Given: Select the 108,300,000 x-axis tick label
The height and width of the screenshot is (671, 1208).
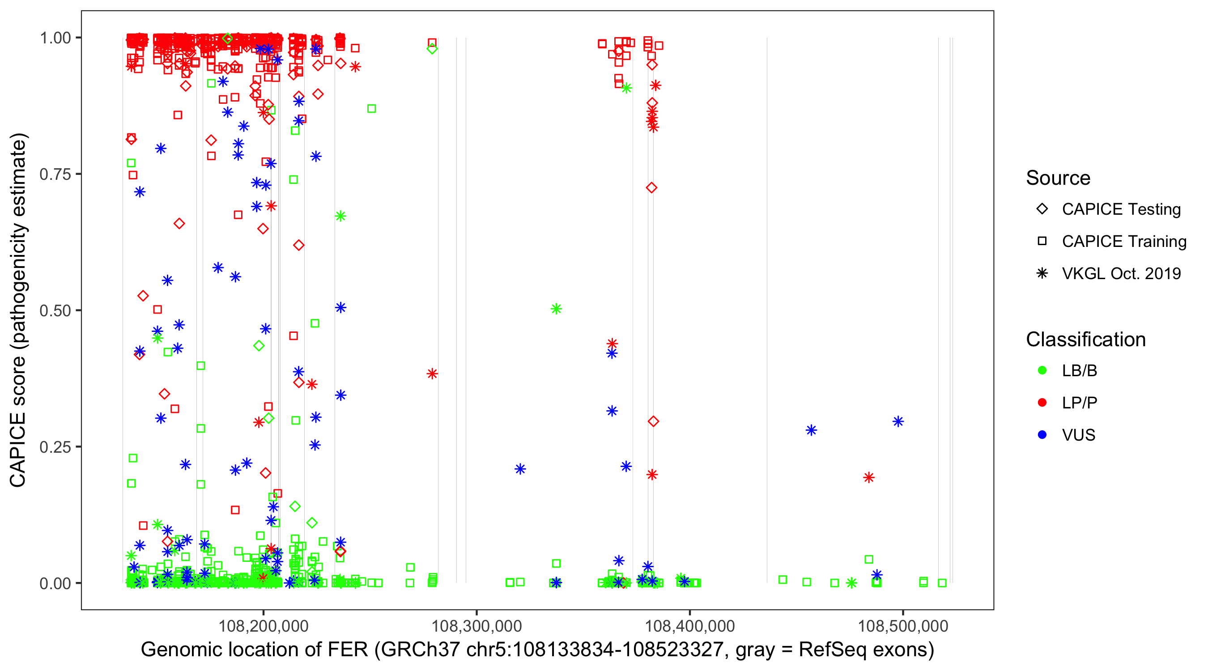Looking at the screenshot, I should point(476,625).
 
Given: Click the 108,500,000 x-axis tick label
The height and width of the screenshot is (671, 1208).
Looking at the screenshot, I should point(903,625).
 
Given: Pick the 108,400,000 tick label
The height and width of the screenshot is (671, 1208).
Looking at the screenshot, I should point(690,625).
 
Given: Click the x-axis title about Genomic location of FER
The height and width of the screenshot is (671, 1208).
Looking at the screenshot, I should point(537,650).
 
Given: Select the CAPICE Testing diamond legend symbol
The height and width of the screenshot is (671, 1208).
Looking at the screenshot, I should point(1042,209).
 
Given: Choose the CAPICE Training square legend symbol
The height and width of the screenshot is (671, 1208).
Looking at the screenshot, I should point(1042,242).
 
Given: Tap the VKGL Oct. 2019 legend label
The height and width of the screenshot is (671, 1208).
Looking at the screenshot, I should point(1121,274).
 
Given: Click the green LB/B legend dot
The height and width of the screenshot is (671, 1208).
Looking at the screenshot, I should point(1042,371).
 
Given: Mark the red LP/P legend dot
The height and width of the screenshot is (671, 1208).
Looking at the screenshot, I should point(1042,403).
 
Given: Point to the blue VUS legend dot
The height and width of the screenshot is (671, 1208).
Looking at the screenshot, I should point(1042,435).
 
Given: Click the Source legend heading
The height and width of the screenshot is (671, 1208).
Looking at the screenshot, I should point(1058,178).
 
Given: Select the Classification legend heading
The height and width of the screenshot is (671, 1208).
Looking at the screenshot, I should point(1085,340).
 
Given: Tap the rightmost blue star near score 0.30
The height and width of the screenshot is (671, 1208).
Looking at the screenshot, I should point(898,421).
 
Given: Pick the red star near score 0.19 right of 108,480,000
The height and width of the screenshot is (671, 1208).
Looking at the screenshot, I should point(869,478).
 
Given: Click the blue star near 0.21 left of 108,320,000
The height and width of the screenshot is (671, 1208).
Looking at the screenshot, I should point(520,469).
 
